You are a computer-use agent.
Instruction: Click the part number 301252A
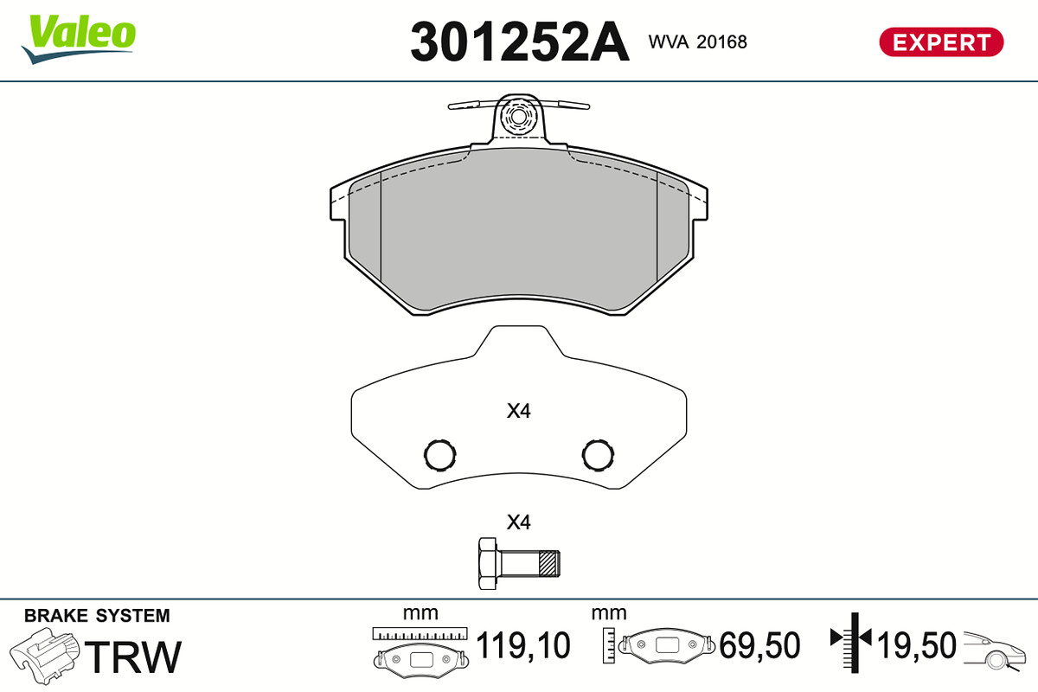520,42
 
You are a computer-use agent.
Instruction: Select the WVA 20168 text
697,42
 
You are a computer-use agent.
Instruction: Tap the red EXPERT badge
941,42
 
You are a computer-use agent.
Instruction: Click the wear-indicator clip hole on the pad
518,117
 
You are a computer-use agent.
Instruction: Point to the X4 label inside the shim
518,411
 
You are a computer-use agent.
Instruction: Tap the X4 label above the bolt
518,522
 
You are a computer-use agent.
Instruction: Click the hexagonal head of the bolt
488,564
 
